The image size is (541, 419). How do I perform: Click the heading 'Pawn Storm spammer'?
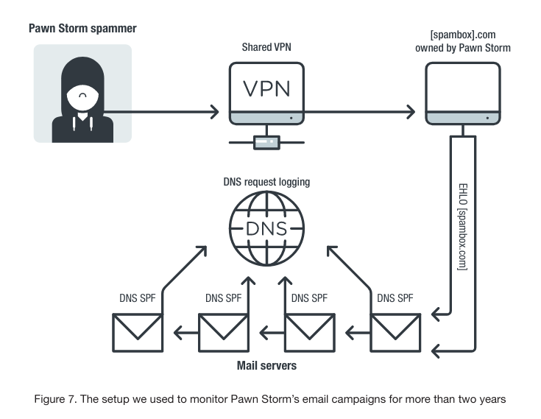82,28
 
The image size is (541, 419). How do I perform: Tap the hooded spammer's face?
82,97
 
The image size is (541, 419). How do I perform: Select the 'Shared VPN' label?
266,47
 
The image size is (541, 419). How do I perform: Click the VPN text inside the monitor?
266,89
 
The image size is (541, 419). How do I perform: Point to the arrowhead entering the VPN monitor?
215,112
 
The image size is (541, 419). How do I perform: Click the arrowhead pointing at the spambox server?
411,112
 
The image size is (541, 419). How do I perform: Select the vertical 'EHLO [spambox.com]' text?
463,227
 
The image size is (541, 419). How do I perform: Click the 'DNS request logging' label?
266,182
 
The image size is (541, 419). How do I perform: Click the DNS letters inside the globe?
266,228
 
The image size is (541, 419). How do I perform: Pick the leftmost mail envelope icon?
138,333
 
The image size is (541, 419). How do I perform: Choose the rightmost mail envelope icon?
395,333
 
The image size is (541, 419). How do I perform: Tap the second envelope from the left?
224,333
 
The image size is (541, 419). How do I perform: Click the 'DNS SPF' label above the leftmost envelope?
138,298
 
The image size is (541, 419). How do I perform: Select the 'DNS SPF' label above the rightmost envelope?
395,298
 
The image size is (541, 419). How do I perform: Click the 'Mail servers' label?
266,365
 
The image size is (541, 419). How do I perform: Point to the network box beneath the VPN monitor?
266,142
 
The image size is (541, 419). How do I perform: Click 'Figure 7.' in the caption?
55,399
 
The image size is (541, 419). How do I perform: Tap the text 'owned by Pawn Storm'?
463,48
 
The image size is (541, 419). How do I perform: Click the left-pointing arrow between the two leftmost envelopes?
186,333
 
